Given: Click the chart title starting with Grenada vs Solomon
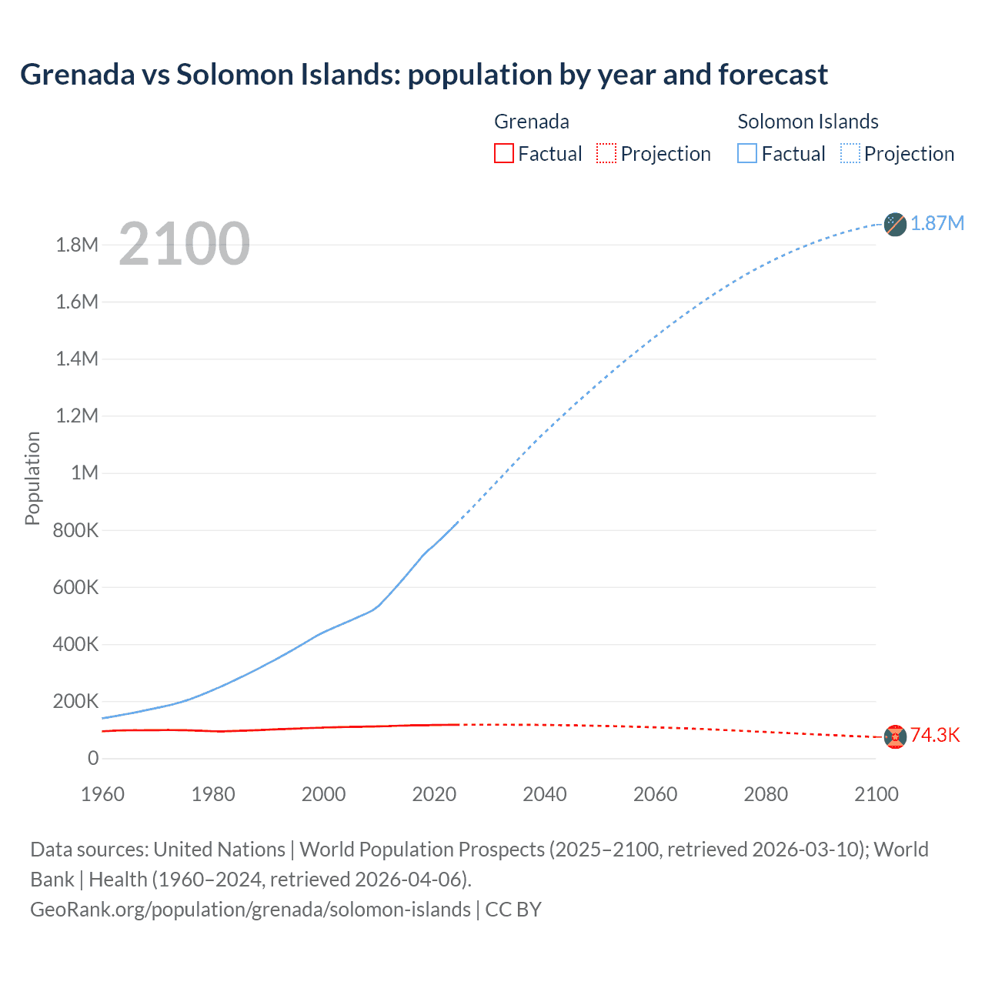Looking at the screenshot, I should (423, 75).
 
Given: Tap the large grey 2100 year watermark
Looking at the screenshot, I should (184, 244).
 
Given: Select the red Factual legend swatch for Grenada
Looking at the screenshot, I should (503, 153).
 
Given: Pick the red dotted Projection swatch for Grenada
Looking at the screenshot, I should (606, 153).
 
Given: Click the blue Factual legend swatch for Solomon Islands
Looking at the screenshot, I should (746, 153).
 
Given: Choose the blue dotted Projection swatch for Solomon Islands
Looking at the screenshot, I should (850, 153).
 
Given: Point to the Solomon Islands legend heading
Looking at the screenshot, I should (807, 122).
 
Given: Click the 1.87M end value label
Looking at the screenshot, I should (937, 223).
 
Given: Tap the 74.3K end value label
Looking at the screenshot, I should (935, 735).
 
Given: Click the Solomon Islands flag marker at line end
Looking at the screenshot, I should (895, 224).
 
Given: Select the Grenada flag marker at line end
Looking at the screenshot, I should (895, 736).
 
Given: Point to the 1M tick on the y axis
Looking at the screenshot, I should (85, 472).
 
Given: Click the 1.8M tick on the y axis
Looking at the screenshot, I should (77, 245).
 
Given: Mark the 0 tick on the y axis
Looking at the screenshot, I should (93, 758).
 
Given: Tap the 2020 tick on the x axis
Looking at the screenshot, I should (434, 794).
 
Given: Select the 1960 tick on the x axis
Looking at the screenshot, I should (102, 794).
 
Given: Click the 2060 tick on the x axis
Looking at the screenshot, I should (655, 794).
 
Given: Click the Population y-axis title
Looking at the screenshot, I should (32, 478).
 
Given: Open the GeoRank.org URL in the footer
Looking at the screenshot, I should (250, 910).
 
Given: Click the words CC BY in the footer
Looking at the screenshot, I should (513, 910).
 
